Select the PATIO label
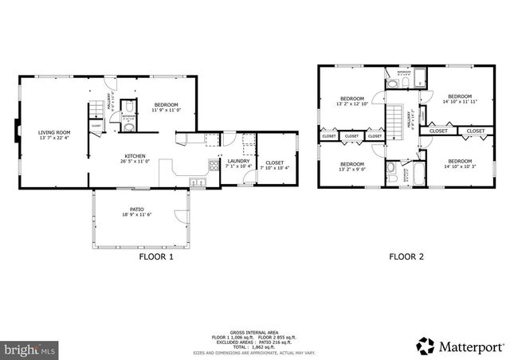click(137, 212)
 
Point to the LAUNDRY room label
click(238, 164)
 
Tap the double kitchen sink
click(198, 182)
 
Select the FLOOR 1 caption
click(156, 257)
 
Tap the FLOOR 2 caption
click(406, 257)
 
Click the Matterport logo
click(460, 345)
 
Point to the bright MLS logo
click(29, 349)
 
